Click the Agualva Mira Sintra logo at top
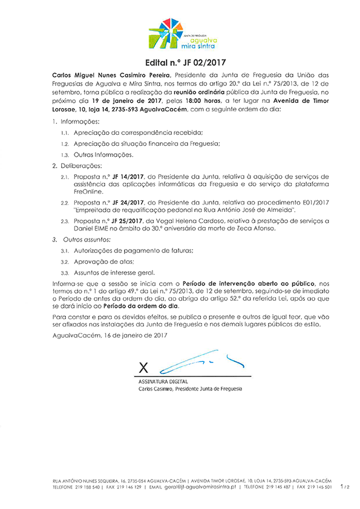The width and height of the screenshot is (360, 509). coord(180,33)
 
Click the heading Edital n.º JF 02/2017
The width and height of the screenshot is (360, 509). coord(180,62)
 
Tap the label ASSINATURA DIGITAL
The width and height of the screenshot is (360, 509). coord(163,381)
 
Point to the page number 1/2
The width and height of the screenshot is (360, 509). coord(345,486)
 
